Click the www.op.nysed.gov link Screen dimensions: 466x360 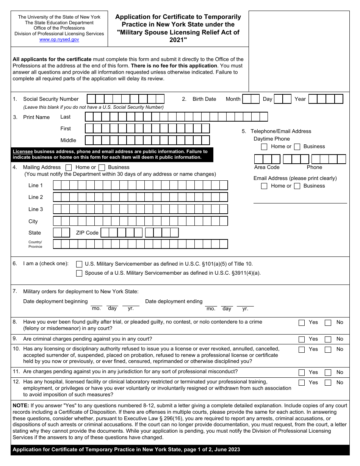click(x=59, y=39)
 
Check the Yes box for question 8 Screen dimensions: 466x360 click(x=302, y=323)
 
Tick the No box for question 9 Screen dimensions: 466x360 click(x=328, y=339)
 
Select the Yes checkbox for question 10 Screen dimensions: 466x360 click(x=302, y=350)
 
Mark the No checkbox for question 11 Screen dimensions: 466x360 click(x=328, y=373)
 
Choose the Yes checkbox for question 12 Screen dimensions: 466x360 click(x=302, y=383)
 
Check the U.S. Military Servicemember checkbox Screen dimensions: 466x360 click(x=79, y=264)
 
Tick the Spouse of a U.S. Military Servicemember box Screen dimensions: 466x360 click(x=79, y=274)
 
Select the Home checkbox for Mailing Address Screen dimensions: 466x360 click(x=69, y=167)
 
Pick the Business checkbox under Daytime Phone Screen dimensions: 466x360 click(x=297, y=147)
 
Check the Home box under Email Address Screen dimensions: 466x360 click(x=264, y=186)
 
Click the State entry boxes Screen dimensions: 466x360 click(x=61, y=233)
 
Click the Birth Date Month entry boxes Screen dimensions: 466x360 click(x=251, y=99)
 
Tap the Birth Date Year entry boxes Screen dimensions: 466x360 click(x=326, y=99)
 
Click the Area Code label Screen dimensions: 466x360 click(x=267, y=167)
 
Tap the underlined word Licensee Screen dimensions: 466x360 click(x=23, y=152)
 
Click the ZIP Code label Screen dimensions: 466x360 click(x=87, y=233)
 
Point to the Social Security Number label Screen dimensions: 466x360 click(x=51, y=99)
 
